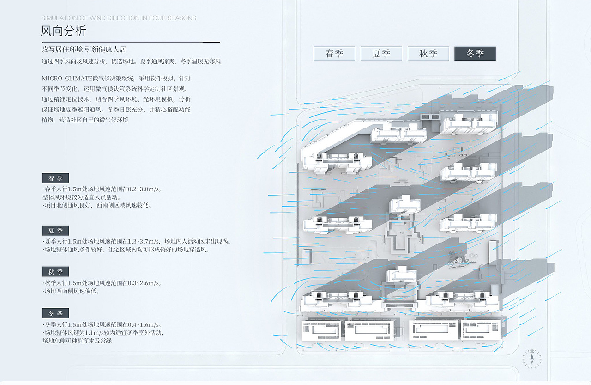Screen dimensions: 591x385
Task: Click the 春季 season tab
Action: pos(334,54)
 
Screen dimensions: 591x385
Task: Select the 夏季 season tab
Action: pos(381,54)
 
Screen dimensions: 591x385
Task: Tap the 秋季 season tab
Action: pos(428,54)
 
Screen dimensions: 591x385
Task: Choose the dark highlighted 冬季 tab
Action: pos(475,54)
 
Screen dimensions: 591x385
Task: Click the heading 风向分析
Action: pos(64,31)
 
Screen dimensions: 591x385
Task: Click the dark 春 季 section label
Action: pos(55,178)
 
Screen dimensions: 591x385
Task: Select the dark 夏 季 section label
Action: pos(55,230)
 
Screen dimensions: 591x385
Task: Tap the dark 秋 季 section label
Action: pos(55,272)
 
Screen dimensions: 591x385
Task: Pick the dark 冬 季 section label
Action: pos(55,313)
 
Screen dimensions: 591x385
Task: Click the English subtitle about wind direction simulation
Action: pos(119,18)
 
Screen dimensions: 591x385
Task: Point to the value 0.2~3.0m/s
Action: pos(140,189)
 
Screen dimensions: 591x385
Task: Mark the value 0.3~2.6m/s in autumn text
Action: pos(141,283)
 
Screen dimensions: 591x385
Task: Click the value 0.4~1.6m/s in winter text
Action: pos(141,324)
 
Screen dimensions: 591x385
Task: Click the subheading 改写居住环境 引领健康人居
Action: pos(84,49)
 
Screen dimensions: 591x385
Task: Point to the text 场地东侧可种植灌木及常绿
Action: pos(77,341)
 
